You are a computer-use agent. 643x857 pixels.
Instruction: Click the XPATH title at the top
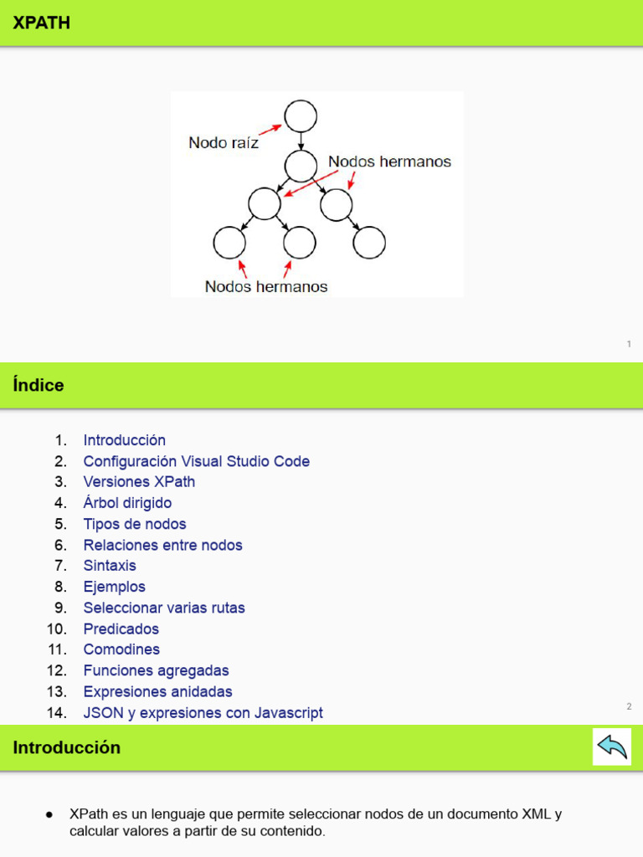(42, 23)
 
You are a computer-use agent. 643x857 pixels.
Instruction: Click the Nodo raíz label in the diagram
(224, 143)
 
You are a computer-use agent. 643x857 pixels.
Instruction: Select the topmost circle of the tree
(301, 116)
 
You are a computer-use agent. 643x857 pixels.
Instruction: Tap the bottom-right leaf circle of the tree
(369, 244)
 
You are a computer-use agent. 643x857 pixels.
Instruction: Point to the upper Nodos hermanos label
(389, 162)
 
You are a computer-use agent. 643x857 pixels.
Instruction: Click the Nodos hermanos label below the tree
(266, 286)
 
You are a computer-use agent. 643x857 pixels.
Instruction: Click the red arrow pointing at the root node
(270, 128)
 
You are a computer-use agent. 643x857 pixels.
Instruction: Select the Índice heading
(39, 386)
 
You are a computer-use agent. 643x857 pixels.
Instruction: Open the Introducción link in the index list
(125, 440)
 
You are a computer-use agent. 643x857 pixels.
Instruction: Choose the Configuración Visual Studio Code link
(197, 461)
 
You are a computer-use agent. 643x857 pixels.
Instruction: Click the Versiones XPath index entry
(139, 482)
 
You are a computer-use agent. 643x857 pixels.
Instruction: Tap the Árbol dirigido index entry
(127, 503)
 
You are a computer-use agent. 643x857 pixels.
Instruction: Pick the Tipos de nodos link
(135, 524)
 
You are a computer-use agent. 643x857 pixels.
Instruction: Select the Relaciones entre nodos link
(163, 545)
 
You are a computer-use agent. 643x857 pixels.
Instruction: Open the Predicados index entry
(121, 629)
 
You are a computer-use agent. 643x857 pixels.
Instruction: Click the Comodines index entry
(121, 649)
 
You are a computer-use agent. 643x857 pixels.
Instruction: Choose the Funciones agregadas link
(157, 670)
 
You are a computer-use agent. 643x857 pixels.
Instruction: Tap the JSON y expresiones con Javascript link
(203, 713)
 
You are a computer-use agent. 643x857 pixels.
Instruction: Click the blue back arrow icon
(612, 747)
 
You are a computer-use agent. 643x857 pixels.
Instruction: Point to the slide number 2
(629, 706)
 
